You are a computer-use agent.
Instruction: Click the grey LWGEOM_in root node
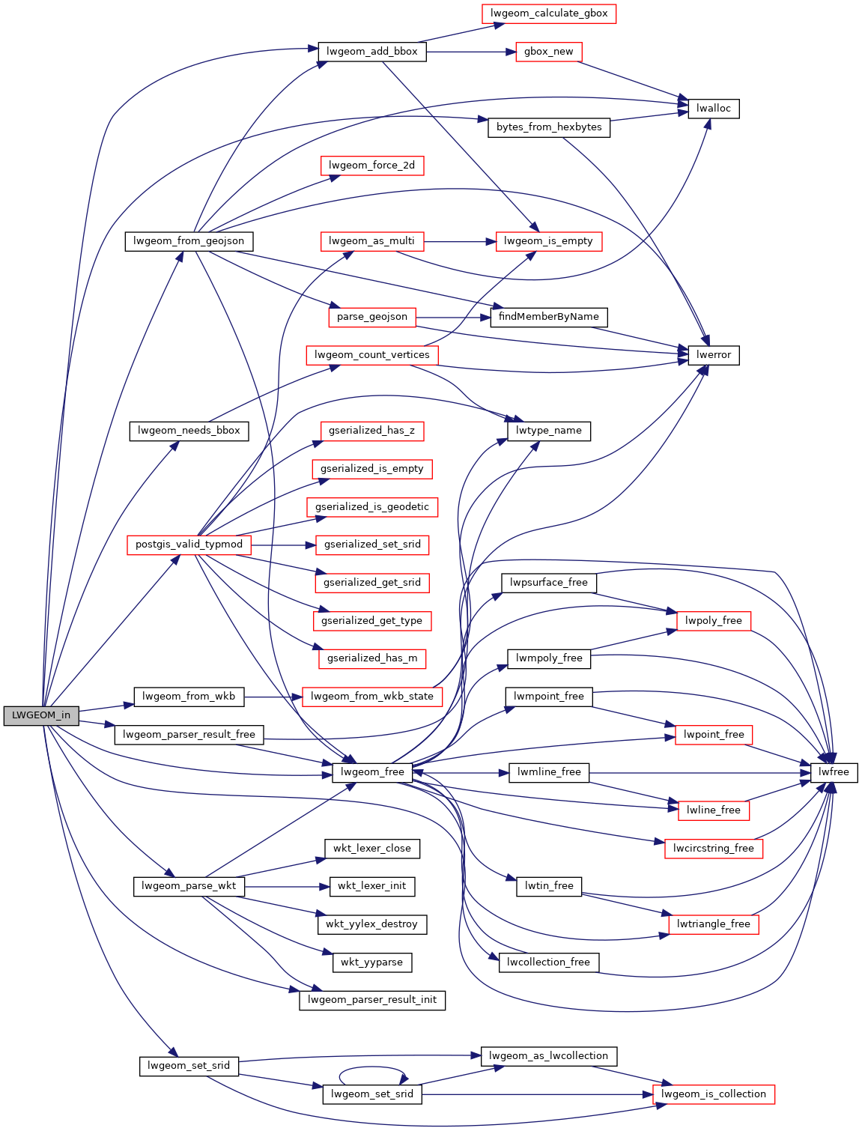[40, 715]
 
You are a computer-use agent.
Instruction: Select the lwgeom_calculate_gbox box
[548, 13]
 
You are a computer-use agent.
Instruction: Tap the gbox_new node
[548, 52]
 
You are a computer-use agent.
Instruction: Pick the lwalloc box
[713, 109]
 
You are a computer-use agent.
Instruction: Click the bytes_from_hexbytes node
[548, 127]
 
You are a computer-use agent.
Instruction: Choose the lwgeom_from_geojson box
[189, 241]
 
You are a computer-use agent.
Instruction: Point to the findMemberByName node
[548, 317]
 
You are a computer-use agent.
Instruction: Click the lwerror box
[713, 355]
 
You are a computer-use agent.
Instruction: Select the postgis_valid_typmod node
[189, 545]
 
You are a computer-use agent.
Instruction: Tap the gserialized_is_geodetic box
[371, 507]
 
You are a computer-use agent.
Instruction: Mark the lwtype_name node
[548, 431]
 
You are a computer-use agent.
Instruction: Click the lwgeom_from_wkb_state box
[371, 697]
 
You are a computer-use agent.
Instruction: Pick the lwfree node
[833, 772]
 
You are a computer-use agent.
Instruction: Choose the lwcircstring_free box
[713, 849]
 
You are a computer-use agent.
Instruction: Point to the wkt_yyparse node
[371, 962]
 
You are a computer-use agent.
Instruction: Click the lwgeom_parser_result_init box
[371, 1000]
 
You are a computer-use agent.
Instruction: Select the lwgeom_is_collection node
[713, 1094]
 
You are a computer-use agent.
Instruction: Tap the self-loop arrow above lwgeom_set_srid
[372, 1068]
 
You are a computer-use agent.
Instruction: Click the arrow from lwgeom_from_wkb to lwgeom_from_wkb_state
[273, 697]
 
